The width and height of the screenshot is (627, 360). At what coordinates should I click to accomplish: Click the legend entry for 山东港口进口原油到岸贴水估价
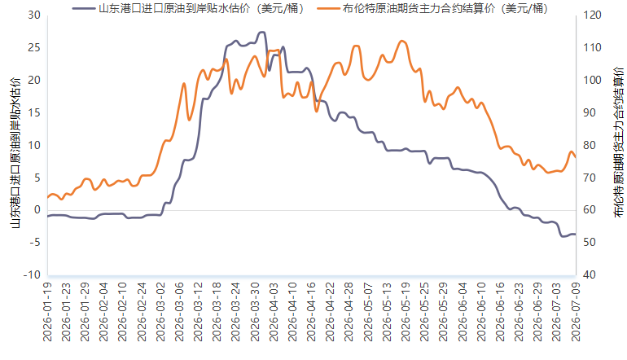(x=188, y=8)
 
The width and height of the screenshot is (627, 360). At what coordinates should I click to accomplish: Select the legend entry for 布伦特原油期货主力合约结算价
(x=432, y=8)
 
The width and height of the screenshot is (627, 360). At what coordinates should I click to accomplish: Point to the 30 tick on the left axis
(x=34, y=15)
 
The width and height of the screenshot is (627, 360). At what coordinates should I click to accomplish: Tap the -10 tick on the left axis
(x=32, y=274)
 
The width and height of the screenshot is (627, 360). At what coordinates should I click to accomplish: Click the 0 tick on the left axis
(x=37, y=210)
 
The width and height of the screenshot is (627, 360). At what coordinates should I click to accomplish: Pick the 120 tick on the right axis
(x=592, y=15)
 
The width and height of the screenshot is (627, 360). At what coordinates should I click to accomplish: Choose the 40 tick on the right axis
(x=590, y=274)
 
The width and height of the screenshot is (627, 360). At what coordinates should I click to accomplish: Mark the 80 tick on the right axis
(x=590, y=145)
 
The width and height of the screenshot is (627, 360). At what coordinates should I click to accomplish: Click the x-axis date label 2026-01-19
(x=47, y=312)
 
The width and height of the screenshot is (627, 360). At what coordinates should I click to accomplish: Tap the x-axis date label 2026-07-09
(x=576, y=312)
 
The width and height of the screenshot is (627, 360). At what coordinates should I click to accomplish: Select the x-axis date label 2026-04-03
(x=274, y=312)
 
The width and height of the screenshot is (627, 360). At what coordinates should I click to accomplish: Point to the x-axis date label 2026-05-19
(x=406, y=312)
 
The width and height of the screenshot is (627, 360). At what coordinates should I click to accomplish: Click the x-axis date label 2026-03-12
(x=199, y=312)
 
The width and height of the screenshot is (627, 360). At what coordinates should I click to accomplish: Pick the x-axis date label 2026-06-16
(x=500, y=312)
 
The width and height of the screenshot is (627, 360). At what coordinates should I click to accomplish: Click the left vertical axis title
(x=15, y=153)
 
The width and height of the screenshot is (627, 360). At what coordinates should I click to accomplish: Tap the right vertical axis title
(x=618, y=143)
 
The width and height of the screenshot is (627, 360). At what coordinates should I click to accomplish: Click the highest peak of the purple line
(x=262, y=32)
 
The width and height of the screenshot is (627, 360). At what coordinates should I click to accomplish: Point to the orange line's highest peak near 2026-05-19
(x=402, y=41)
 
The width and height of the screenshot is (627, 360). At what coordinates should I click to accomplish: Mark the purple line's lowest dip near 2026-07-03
(x=563, y=236)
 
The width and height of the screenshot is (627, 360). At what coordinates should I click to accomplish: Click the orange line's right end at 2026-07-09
(x=576, y=157)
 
